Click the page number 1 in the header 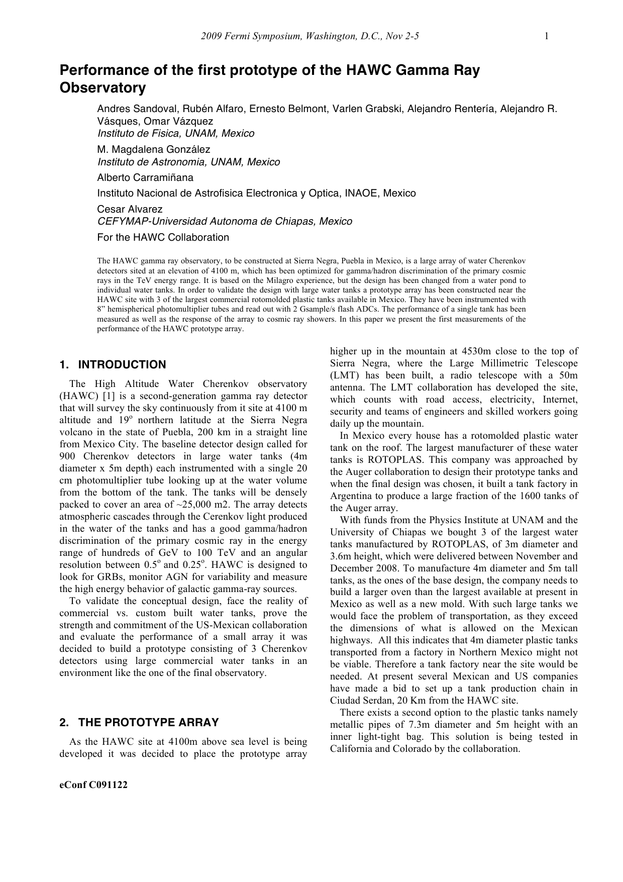pos(546,36)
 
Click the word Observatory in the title pos(102,88)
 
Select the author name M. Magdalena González pos(153,149)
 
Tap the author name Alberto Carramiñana pos(145,177)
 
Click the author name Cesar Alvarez pos(130,209)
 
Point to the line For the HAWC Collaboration pos(163,237)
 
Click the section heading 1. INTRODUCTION pos(113,365)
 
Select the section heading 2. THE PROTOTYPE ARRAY pos(139,723)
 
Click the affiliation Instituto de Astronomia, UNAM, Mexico pos(188,162)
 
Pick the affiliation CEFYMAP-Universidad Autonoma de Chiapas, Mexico pos(225,221)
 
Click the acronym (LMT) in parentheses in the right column pos(343,375)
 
